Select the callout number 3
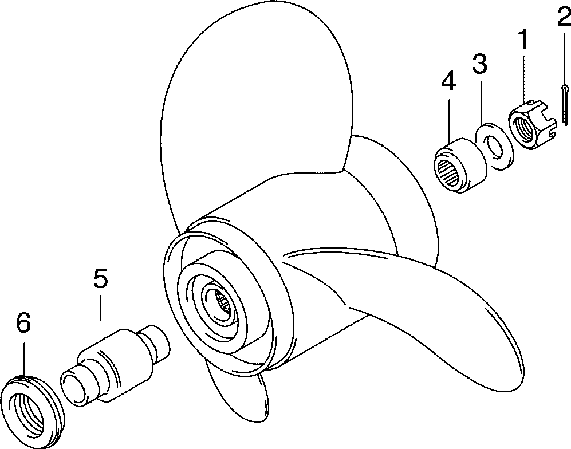pos(480,64)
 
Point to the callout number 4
pos(448,82)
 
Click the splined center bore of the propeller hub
pos(223,301)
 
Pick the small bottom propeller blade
pos(241,395)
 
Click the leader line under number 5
pos(101,306)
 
